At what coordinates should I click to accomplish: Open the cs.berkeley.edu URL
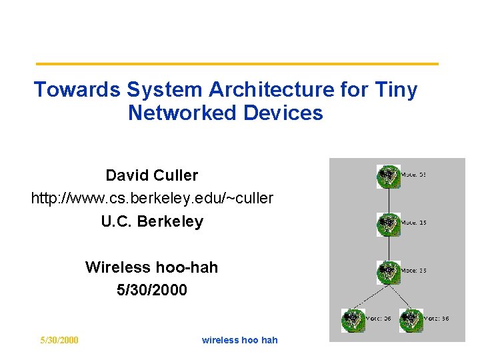152,198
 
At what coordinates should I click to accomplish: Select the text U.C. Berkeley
152,221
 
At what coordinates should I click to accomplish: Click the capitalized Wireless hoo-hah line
151,267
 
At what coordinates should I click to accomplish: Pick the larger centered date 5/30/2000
151,290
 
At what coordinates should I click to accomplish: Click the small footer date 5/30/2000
59,340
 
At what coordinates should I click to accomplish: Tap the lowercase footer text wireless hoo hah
239,340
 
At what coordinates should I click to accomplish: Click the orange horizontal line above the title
237,64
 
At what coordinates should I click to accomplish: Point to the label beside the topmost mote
413,175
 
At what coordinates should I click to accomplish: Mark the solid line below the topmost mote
388,199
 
